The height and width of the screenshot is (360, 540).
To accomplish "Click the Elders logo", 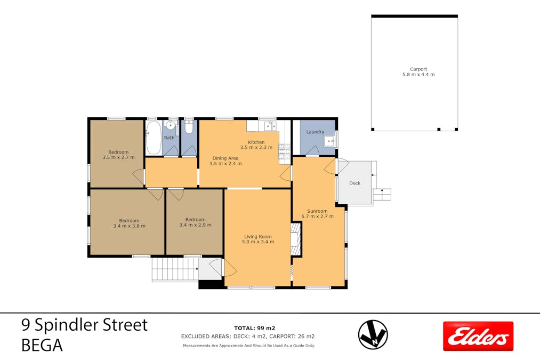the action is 478,336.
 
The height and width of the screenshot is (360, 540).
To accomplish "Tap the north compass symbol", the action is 373,334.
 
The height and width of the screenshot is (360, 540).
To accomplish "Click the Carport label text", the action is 418,69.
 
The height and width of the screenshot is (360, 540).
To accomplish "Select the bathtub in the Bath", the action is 154,138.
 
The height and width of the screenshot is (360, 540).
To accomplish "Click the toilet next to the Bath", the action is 189,127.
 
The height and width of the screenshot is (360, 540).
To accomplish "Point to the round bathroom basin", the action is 171,124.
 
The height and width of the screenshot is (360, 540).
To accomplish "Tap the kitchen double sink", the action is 270,126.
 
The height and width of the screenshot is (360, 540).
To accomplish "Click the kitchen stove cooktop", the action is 285,151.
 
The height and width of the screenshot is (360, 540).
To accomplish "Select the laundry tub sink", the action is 329,141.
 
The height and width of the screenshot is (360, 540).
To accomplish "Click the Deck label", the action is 354,183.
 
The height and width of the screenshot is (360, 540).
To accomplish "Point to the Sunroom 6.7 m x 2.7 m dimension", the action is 318,217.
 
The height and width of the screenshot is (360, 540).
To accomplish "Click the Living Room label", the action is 258,236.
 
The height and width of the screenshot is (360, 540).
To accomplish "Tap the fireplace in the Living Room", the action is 296,239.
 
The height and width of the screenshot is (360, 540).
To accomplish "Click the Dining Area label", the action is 225,158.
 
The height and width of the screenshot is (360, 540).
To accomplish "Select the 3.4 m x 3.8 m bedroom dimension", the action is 129,226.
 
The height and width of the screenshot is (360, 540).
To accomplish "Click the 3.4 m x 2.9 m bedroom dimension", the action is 195,225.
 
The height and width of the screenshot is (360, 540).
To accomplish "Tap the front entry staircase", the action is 175,269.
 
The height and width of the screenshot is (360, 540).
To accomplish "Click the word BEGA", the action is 42,345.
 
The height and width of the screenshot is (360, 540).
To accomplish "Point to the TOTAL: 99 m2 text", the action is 254,328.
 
